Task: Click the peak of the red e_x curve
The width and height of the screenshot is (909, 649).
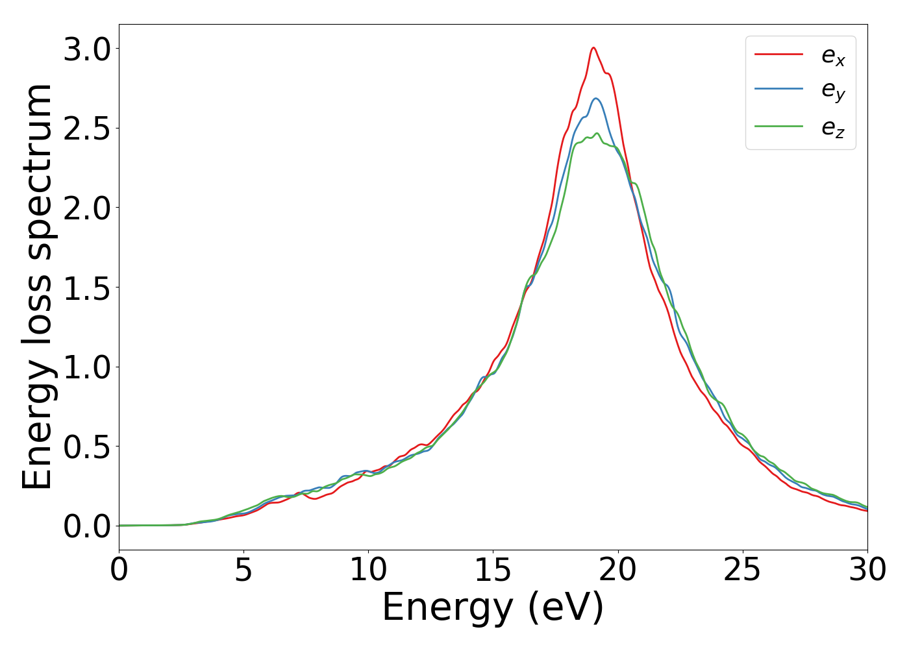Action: pyautogui.click(x=593, y=47)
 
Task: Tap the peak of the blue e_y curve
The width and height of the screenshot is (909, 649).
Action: pyautogui.click(x=595, y=99)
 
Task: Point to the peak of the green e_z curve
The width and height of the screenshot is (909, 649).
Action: pyautogui.click(x=597, y=133)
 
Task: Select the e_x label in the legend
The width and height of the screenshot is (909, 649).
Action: pyautogui.click(x=833, y=56)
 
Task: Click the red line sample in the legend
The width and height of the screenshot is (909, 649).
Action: pyautogui.click(x=778, y=55)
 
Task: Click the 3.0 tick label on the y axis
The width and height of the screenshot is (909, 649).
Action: pyautogui.click(x=87, y=49)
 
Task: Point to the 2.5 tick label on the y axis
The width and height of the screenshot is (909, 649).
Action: pyautogui.click(x=87, y=129)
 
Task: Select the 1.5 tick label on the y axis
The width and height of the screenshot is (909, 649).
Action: pyautogui.click(x=87, y=288)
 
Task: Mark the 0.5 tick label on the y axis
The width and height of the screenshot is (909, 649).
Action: pyautogui.click(x=87, y=447)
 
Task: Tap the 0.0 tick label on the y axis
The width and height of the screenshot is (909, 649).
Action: pyautogui.click(x=87, y=526)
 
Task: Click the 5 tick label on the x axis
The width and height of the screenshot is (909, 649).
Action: pyautogui.click(x=243, y=570)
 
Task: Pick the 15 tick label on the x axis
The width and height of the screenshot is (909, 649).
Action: pyautogui.click(x=493, y=570)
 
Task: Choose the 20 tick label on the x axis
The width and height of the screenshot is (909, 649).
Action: pyautogui.click(x=617, y=570)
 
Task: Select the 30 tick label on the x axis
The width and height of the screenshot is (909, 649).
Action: pyautogui.click(x=867, y=570)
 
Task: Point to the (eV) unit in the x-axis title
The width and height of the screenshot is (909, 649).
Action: pyautogui.click(x=566, y=609)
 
